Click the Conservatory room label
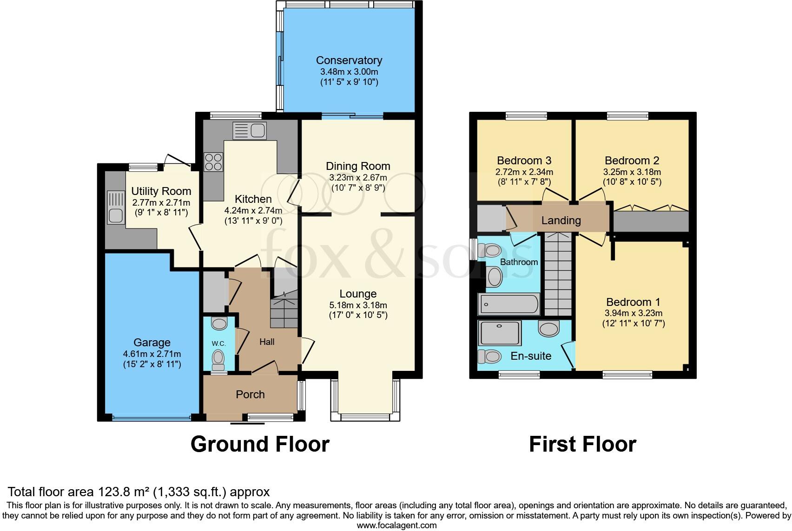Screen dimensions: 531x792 [x=349, y=60]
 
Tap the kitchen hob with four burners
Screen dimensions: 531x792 [x=213, y=162]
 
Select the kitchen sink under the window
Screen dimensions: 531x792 [x=250, y=130]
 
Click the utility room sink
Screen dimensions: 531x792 [x=114, y=208]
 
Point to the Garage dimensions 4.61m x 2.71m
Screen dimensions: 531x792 [x=152, y=354]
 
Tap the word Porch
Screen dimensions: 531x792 [x=250, y=395]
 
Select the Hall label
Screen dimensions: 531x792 [x=267, y=342]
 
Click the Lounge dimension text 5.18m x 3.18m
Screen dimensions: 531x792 [x=358, y=305]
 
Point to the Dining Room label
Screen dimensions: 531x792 [x=358, y=166]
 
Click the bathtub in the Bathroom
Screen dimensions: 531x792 [x=509, y=304]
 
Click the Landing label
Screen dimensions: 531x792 [x=561, y=220]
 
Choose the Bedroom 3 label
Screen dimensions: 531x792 [x=524, y=161]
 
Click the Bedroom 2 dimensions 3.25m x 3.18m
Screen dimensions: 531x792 [x=632, y=172]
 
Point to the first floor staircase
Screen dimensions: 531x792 [x=558, y=274]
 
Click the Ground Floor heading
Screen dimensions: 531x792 [x=260, y=444]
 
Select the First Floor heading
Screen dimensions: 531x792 [x=582, y=444]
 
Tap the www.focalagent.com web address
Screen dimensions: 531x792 [x=396, y=525]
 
